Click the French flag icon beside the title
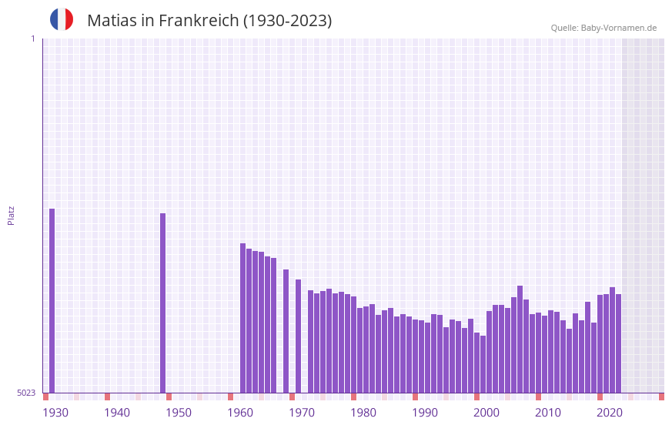pyautogui.click(x=62, y=19)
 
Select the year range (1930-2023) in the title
pyautogui.click(x=287, y=21)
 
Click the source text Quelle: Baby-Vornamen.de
pyautogui.click(x=603, y=28)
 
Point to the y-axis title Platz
pyautogui.click(x=11, y=215)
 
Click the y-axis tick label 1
pyautogui.click(x=32, y=38)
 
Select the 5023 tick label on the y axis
pyautogui.click(x=26, y=393)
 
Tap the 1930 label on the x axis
pyautogui.click(x=55, y=413)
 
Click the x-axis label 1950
pyautogui.click(x=179, y=413)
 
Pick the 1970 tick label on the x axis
pyautogui.click(x=302, y=413)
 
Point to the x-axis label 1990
pyautogui.click(x=425, y=413)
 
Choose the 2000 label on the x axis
pyautogui.click(x=486, y=413)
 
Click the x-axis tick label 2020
pyautogui.click(x=610, y=413)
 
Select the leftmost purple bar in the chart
pyautogui.click(x=52, y=300)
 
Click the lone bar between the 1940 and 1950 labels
pyautogui.click(x=163, y=303)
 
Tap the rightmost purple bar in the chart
pyautogui.click(x=618, y=343)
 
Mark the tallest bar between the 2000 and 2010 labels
pyautogui.click(x=520, y=339)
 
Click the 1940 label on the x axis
pyautogui.click(x=117, y=413)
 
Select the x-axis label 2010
pyautogui.click(x=548, y=413)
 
